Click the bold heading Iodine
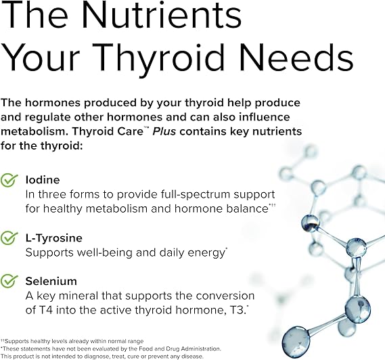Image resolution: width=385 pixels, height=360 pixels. point(42,180)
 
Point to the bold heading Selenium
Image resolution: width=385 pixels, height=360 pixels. point(51,281)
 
